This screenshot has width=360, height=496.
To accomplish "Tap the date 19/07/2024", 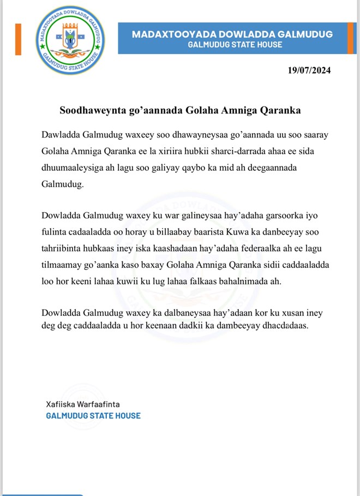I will click(x=309, y=70).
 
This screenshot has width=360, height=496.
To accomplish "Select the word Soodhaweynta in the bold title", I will click(x=89, y=110).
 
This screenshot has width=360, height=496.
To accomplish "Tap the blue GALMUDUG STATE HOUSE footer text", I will click(x=93, y=416).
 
